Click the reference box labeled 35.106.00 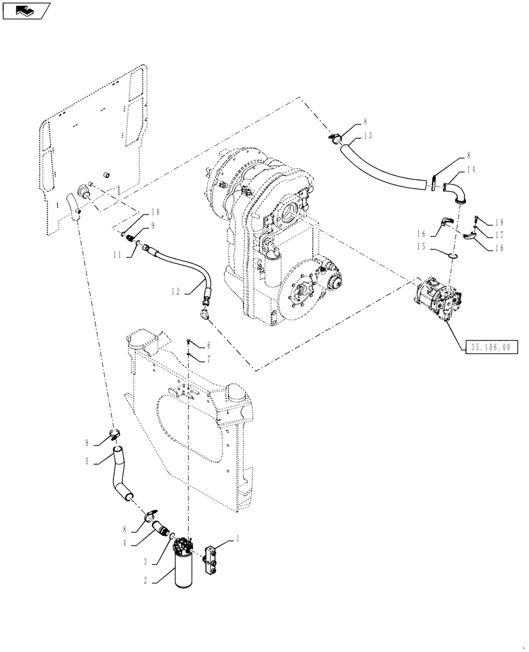491,348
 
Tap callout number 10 156,212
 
